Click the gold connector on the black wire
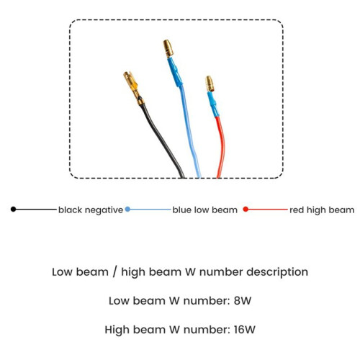pos(133,88)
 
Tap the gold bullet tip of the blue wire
pos(168,48)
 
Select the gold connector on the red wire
pos(210,84)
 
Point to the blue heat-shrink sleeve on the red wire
pos(213,104)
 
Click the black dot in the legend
pos(14,210)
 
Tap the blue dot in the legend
pos(127,210)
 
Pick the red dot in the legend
pos(246,210)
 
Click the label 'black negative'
pos(91,210)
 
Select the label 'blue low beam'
pos(205,210)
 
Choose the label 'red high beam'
pos(322,210)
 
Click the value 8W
pos(243,301)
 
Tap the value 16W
pos(244,330)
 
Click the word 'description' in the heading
pos(277,272)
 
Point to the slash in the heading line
pos(114,272)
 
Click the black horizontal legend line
pos(36,210)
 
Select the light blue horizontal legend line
pos(150,210)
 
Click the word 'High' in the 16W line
pos(117,330)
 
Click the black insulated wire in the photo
pos(161,139)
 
